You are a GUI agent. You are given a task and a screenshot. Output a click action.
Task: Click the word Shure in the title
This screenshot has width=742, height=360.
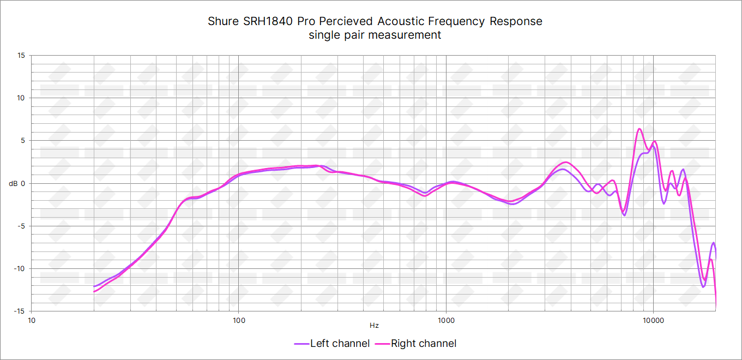(x=223, y=22)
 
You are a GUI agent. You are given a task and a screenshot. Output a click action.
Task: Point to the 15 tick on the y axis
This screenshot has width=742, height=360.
(x=21, y=56)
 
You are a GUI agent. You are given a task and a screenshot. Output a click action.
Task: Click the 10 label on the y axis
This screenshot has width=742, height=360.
(x=21, y=98)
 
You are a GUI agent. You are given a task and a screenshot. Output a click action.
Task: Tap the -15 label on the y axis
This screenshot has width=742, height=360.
(x=20, y=311)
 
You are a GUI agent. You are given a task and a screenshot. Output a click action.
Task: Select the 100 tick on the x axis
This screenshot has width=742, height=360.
(x=238, y=320)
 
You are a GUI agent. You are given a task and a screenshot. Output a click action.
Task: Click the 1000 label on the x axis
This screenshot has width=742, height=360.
(x=446, y=320)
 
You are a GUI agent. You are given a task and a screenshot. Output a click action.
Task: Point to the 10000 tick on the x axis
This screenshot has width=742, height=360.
(x=653, y=320)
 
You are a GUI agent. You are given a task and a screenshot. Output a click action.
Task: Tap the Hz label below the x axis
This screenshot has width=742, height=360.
(x=374, y=326)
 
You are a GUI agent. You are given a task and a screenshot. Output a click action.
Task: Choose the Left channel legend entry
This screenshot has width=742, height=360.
(x=332, y=344)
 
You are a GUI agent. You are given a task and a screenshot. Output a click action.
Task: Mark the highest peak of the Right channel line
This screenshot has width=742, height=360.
(x=639, y=129)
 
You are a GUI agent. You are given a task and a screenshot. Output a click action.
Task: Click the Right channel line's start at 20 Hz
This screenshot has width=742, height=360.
(x=94, y=291)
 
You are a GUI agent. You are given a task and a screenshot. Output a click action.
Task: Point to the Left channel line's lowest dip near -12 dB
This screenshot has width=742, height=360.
(x=703, y=286)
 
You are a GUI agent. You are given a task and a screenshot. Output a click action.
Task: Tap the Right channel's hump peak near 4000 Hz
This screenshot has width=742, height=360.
(x=566, y=162)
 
